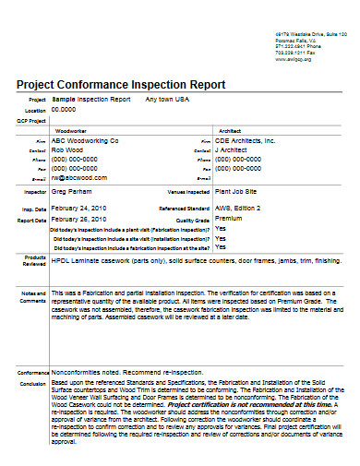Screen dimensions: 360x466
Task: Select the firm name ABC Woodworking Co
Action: (85, 141)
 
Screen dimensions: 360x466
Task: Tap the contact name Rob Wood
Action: (67, 149)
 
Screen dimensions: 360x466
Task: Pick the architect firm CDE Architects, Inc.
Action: (246, 141)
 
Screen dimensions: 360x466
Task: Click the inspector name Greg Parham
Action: (72, 193)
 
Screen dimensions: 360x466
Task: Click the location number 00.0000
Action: (64, 109)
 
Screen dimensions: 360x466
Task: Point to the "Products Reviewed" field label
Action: (35, 260)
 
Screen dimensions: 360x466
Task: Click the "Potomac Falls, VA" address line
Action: (295, 39)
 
